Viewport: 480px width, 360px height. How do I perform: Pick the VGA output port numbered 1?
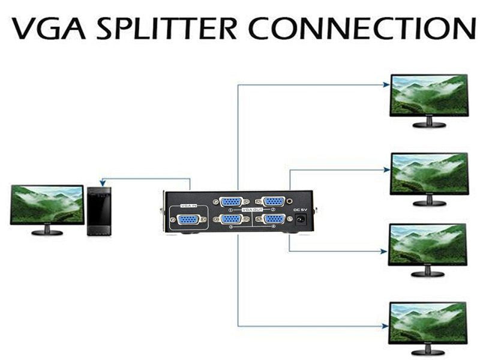(x=230, y=202)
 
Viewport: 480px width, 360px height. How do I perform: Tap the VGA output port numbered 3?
(x=230, y=220)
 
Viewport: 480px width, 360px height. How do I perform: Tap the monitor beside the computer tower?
(x=47, y=205)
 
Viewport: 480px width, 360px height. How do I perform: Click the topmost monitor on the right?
(x=428, y=96)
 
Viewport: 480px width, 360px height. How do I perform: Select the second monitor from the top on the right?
(x=428, y=175)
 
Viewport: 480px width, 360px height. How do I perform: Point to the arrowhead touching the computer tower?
(x=103, y=184)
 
